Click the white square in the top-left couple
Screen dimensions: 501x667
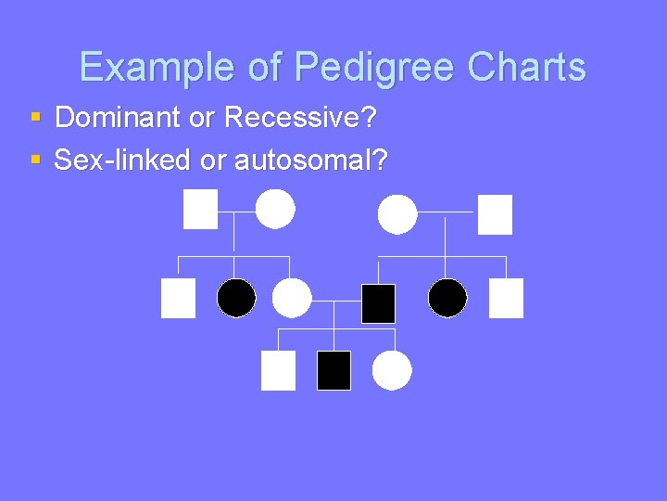pyautogui.click(x=200, y=209)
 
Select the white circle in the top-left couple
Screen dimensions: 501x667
pyautogui.click(x=275, y=209)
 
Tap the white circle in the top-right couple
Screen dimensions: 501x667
pyautogui.click(x=397, y=214)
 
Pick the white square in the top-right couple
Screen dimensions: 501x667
pyautogui.click(x=495, y=214)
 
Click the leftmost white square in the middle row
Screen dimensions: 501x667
pyautogui.click(x=178, y=298)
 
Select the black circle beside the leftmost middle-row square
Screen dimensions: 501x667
pyautogui.click(x=236, y=298)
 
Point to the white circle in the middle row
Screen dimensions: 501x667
pyautogui.click(x=292, y=298)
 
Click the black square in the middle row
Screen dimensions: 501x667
pyautogui.click(x=378, y=303)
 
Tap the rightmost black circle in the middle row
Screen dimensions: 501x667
pyautogui.click(x=447, y=298)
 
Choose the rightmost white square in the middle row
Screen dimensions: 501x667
pyautogui.click(x=506, y=298)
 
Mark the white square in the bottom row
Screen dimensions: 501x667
pyautogui.click(x=278, y=370)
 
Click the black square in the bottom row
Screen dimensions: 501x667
pyautogui.click(x=333, y=370)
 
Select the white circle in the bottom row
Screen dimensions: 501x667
pyautogui.click(x=392, y=370)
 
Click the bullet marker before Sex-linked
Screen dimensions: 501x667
pyautogui.click(x=35, y=161)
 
